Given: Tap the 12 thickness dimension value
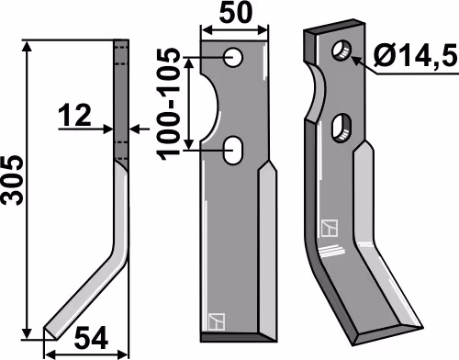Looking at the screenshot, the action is pos(75,116).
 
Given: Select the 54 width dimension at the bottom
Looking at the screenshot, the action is pos(92,338).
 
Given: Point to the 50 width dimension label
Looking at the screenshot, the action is pos(236,13).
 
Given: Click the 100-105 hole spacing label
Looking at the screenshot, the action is pos(168,104).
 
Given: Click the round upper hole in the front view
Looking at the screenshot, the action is pos(233,57).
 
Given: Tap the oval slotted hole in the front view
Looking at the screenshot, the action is pos(233,150).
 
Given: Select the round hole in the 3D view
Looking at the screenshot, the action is pos(341,50).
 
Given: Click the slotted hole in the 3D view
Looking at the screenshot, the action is pos(341,128).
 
